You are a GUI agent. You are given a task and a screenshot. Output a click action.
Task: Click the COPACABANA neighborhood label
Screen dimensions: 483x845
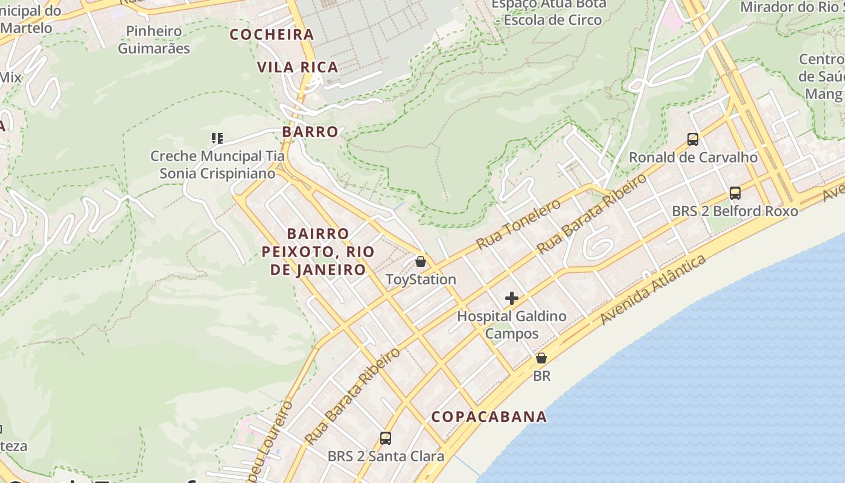pos(489,417)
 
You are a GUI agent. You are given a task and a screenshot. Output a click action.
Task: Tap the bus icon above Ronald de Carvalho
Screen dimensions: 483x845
pos(693,139)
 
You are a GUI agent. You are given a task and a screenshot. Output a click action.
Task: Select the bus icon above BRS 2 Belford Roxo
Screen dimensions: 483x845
pos(735,193)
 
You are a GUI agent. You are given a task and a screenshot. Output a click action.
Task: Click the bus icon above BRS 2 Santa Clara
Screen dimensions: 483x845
pos(386,438)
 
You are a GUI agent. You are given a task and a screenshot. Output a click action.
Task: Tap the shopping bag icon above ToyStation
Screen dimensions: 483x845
pos(421,261)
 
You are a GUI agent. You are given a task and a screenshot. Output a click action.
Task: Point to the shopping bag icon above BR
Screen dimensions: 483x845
pos(541,358)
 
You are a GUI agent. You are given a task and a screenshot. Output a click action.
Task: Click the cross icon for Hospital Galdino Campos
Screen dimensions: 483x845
pos(512,298)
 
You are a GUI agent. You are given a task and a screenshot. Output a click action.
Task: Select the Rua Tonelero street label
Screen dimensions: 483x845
pos(518,224)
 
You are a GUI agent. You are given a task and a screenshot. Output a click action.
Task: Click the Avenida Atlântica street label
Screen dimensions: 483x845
pos(653,289)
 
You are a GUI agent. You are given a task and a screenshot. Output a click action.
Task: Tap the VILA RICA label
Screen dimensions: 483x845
pos(298,67)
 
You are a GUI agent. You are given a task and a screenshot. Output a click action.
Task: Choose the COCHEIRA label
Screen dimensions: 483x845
pos(272,34)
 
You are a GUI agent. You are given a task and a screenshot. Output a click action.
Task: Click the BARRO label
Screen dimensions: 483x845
pos(310,132)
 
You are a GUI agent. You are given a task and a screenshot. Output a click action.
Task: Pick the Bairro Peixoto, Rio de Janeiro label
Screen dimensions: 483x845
pos(318,251)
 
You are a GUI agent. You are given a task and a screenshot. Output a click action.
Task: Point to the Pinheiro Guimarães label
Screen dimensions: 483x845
pos(154,40)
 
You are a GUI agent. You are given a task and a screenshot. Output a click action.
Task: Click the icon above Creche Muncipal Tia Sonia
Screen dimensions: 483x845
pos(217,138)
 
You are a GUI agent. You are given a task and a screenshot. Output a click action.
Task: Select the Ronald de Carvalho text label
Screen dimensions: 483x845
pos(693,158)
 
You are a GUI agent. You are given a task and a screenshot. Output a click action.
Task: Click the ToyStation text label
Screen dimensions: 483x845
pos(421,280)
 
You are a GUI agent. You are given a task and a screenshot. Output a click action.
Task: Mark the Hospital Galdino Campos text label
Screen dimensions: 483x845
pos(512,325)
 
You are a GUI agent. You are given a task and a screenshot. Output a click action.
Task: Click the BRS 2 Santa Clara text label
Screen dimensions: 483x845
pos(386,456)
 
